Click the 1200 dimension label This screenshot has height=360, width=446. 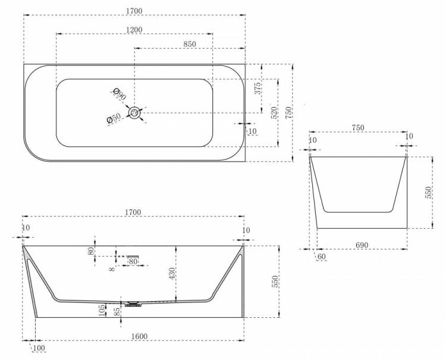coord(134,30)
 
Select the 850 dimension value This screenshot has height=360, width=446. coord(190,44)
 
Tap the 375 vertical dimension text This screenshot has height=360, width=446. coord(257,89)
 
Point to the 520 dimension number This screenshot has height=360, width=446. coord(274,113)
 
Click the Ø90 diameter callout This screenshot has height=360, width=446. coord(119,94)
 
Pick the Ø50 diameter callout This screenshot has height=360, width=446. coord(114,118)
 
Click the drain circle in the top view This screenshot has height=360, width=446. coord(134,113)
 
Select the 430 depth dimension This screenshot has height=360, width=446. coord(172,274)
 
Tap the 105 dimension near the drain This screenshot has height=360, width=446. coord(102,310)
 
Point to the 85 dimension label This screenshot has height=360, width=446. coord(116,310)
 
